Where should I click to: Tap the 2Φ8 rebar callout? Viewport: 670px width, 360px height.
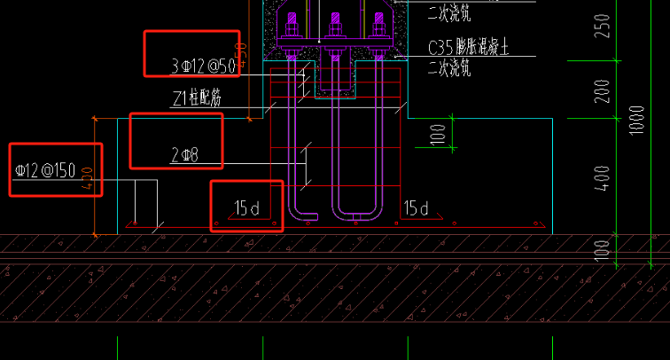184,157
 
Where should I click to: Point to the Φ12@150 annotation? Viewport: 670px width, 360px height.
45,169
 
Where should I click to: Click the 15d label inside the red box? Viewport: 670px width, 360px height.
246,208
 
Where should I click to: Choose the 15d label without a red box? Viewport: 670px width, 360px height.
417,208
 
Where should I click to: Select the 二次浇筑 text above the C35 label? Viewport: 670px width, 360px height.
449,12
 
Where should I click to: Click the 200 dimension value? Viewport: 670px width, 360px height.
604,91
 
